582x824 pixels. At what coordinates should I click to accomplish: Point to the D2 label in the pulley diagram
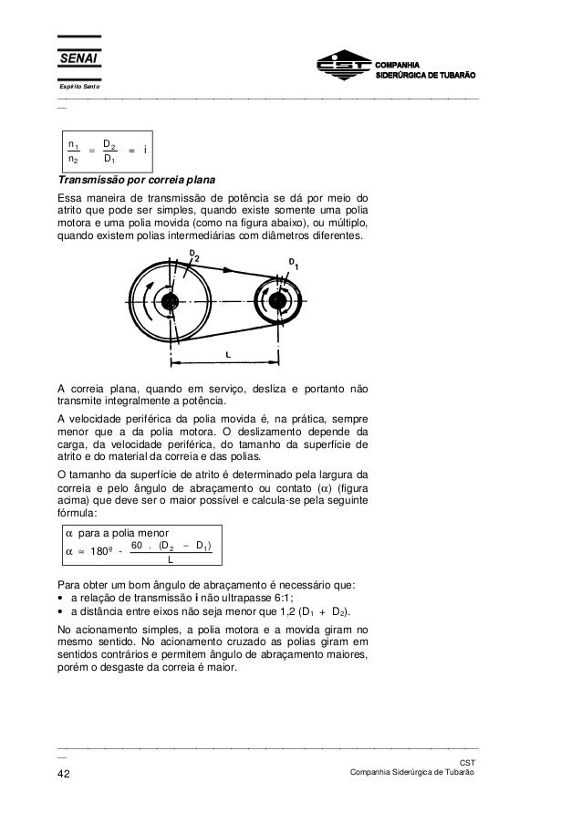(193, 256)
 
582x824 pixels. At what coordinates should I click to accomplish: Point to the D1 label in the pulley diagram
(294, 264)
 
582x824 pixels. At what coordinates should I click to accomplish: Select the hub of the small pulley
(277, 302)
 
